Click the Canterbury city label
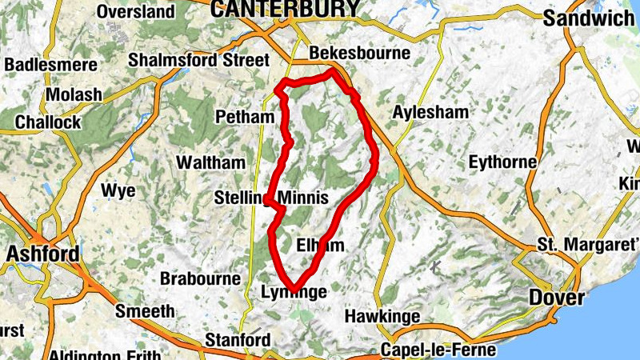click(x=284, y=9)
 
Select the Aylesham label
click(x=430, y=113)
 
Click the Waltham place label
click(x=210, y=162)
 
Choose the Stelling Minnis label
click(x=272, y=198)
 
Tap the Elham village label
click(x=320, y=245)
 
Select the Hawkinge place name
click(x=382, y=317)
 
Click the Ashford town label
click(x=43, y=254)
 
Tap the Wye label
click(x=118, y=191)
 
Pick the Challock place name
click(x=48, y=122)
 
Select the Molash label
click(x=74, y=94)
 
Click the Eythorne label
click(x=502, y=162)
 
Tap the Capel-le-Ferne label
click(x=438, y=350)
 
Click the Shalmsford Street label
click(x=198, y=60)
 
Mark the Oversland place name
click(x=135, y=12)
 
